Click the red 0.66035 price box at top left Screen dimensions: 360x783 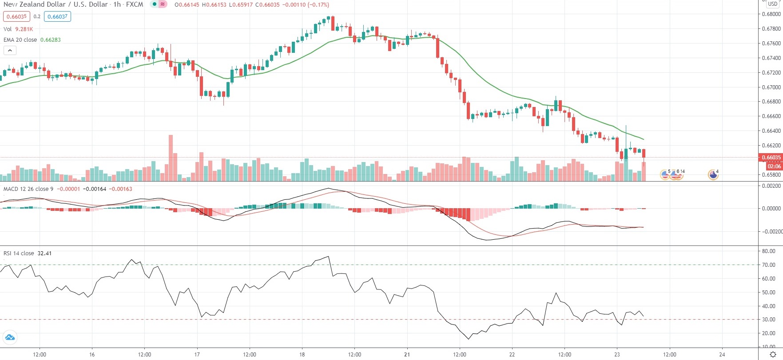pos(16,17)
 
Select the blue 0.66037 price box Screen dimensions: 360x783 pos(57,17)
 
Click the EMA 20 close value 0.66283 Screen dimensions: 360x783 pos(50,40)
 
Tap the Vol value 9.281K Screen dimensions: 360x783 pos(24,29)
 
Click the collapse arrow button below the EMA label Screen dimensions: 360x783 pos(10,51)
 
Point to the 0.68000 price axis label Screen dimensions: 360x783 pos(771,14)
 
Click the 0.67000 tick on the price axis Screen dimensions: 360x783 pos(771,87)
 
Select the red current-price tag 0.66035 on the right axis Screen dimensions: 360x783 pos(771,158)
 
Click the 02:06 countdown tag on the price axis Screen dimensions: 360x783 pos(774,166)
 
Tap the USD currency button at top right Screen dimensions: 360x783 pos(773,4)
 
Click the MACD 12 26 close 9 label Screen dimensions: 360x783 pos(28,189)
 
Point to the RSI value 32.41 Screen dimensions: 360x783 pos(44,253)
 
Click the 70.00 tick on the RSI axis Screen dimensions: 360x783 pos(768,265)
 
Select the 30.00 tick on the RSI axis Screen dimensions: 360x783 pos(768,320)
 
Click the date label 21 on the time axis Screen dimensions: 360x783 pos(407,355)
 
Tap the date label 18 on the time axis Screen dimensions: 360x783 pos(302,355)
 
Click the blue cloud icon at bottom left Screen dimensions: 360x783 pos(10,337)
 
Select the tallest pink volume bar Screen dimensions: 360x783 pos(171,158)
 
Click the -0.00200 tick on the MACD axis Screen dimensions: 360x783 pos(771,232)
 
